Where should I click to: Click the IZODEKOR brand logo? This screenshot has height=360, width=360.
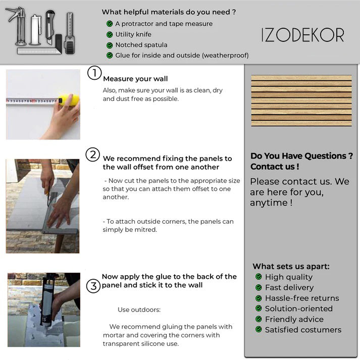click(303, 35)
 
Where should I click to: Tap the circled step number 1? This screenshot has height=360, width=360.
click(94, 73)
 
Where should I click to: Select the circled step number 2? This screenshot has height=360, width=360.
click(93, 155)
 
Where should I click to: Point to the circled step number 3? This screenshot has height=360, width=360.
click(93, 286)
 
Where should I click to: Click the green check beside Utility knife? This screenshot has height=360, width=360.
click(110, 34)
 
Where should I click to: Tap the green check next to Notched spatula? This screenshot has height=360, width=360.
click(110, 45)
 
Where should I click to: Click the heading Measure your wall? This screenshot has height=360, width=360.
click(135, 79)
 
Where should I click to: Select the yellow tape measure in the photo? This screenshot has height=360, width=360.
click(68, 100)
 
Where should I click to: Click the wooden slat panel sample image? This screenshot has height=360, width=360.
click(301, 100)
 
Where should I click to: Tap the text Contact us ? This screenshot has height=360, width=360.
click(275, 167)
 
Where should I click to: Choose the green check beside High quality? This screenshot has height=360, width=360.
click(259, 277)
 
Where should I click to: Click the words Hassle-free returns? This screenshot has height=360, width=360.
click(302, 298)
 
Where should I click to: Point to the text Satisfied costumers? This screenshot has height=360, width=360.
click(303, 330)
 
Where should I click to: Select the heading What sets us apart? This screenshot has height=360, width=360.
click(291, 266)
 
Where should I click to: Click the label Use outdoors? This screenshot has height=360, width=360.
click(139, 310)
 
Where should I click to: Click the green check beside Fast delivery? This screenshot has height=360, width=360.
click(259, 287)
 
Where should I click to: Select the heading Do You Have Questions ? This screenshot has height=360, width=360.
click(302, 156)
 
